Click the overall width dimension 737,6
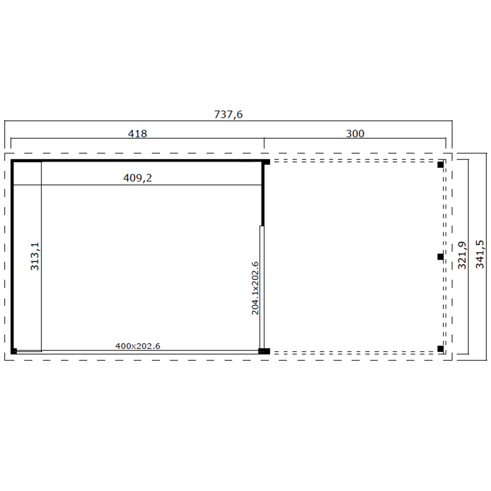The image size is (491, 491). (228, 114)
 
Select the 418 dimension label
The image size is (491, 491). (137, 134)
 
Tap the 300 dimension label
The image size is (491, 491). (355, 134)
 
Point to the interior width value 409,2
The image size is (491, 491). (137, 178)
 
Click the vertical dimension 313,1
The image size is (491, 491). (35, 256)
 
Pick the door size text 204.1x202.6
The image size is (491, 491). (255, 288)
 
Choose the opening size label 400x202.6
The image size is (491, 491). (138, 346)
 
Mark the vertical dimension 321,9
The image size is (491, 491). (462, 255)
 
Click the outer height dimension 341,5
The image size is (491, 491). (480, 254)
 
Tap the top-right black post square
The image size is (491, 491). (440, 164)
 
